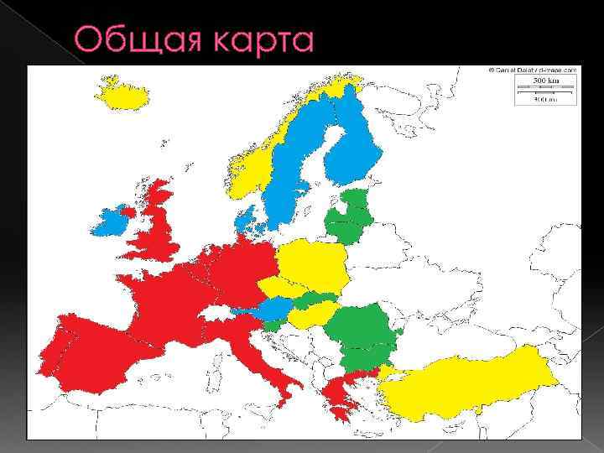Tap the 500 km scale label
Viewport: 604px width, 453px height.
point(544,81)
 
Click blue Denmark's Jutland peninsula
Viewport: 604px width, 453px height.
point(247,220)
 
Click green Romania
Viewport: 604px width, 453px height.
point(361,327)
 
